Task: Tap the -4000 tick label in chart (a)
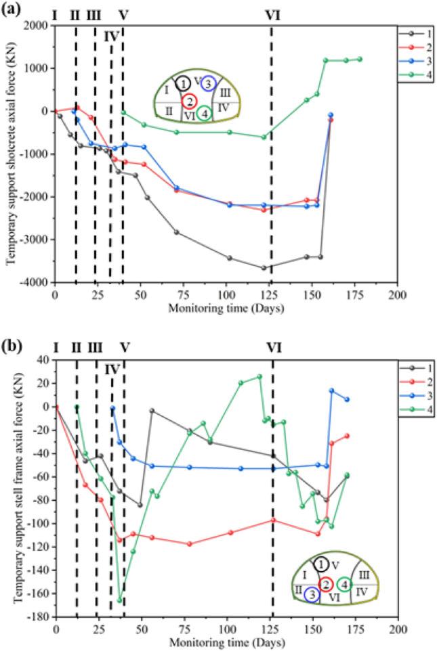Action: coord(33,282)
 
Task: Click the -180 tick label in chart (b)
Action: coord(37,616)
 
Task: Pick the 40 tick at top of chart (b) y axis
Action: coord(43,359)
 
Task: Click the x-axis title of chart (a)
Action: coord(226,307)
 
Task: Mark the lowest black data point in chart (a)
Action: coord(264,268)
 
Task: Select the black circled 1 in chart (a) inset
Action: coord(182,84)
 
